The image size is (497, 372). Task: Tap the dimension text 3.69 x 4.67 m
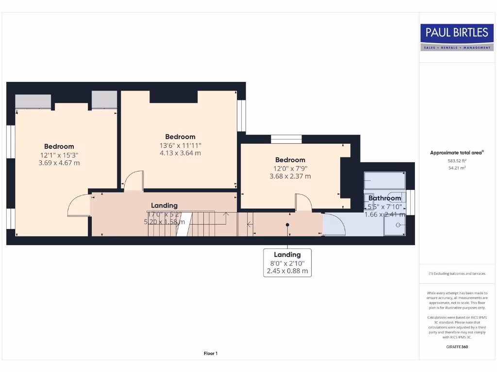tap(59, 163)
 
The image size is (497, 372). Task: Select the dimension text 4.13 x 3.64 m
tap(180, 153)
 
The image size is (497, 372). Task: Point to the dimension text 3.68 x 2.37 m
tap(290, 176)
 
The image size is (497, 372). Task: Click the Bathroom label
tap(384, 198)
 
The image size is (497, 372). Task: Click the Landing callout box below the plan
tap(287, 263)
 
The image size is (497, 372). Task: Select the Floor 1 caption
tap(211, 354)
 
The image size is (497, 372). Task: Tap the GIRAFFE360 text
tap(457, 347)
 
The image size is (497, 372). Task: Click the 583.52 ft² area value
tap(457, 160)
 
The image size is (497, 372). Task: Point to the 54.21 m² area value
tap(457, 168)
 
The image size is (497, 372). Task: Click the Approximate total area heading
tap(457, 153)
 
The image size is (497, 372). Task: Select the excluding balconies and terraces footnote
tap(457, 274)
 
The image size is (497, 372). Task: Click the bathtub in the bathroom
tap(384, 180)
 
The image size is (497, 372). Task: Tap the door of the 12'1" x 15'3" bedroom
tap(78, 206)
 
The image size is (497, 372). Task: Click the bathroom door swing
tap(334, 224)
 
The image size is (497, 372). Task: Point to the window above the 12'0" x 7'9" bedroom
tap(286, 139)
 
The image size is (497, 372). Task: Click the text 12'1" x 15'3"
tap(59, 155)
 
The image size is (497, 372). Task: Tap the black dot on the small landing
tap(287, 224)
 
